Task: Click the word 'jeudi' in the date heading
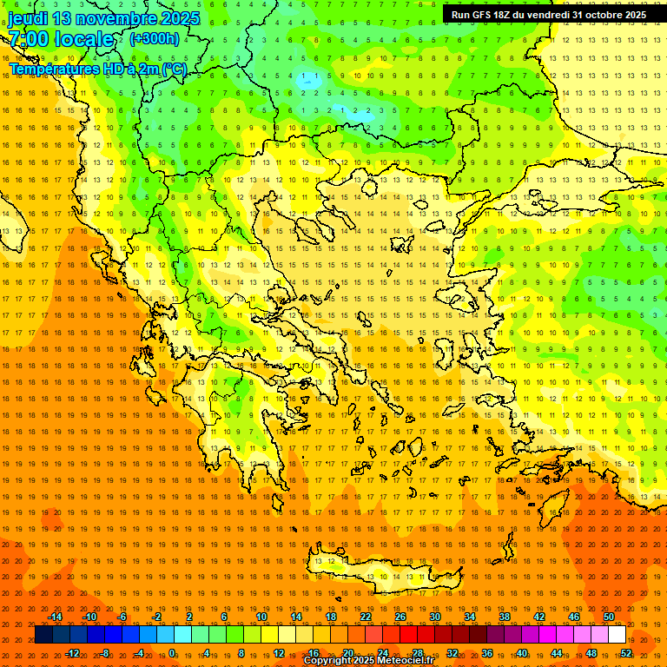29,18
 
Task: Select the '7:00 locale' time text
61,39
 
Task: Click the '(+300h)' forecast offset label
155,39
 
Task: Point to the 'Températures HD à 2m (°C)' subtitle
97,69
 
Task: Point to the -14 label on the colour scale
55,617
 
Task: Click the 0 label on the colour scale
173,653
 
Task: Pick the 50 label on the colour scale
608,617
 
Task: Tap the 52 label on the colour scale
625,653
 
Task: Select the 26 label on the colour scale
400,617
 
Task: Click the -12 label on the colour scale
72,653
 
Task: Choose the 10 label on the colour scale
261,617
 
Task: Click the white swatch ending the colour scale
617,635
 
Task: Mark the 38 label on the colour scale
505,617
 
